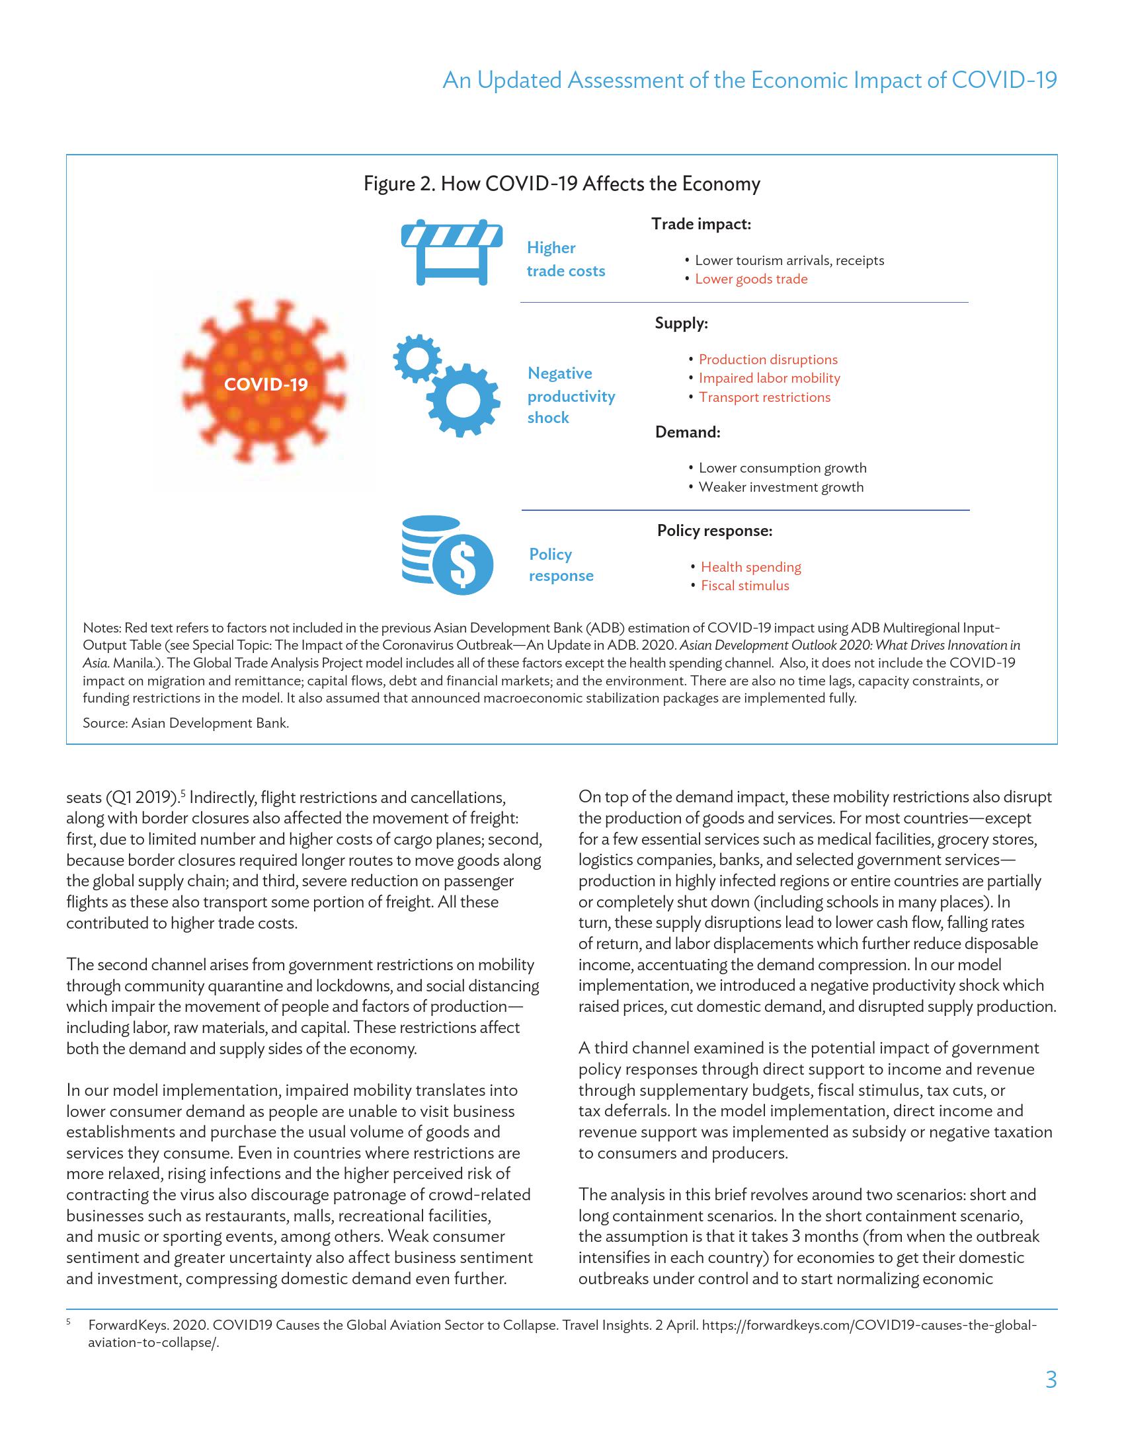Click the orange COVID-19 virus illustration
(265, 384)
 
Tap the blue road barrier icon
(452, 252)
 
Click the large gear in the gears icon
(462, 399)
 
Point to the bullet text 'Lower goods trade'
(750, 279)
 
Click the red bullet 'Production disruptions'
(768, 360)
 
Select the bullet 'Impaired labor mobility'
(769, 378)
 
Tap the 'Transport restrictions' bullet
(764, 397)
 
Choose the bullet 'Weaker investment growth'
(780, 487)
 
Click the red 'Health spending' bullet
(750, 567)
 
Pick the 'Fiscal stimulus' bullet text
(744, 586)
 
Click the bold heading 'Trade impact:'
(700, 224)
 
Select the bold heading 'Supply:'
(681, 324)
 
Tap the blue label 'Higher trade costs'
(565, 260)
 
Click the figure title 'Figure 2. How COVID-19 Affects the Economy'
(561, 184)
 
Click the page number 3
(1051, 1380)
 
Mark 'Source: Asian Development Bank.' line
(186, 723)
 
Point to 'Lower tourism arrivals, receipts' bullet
(789, 260)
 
